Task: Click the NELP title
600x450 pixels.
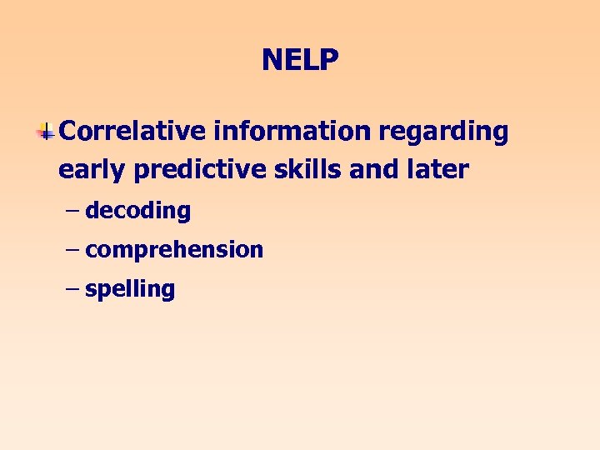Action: pos(300,60)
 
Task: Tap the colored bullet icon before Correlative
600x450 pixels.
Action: pos(47,131)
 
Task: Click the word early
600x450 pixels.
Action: pos(92,171)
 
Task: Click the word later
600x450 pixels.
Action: pos(439,169)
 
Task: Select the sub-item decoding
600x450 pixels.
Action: pos(137,211)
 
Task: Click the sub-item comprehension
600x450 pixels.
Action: pos(174,250)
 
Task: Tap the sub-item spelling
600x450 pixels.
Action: pos(130,290)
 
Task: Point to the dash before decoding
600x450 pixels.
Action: pos(72,210)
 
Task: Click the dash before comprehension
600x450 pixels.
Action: pos(72,249)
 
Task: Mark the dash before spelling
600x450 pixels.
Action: pos(72,288)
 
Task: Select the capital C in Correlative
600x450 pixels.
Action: pos(69,131)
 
